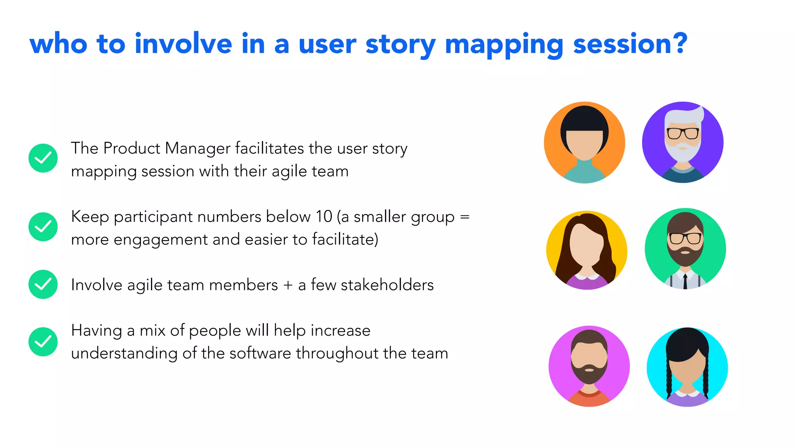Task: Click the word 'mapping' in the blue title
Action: pos(503,44)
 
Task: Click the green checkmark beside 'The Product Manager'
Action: pos(43,158)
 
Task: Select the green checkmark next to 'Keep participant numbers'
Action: pos(43,227)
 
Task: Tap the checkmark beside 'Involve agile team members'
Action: pos(43,284)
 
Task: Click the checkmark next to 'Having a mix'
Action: pos(43,342)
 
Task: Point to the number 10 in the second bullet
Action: pos(324,217)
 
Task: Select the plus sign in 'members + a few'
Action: pos(288,285)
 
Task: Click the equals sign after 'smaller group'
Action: pos(465,217)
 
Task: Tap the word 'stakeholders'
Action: pos(387,285)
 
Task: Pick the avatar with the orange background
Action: pos(584,142)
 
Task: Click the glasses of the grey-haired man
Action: pos(683,133)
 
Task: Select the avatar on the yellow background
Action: pos(587,250)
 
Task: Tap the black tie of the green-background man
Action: pos(685,281)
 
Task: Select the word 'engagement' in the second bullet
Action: pos(160,240)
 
